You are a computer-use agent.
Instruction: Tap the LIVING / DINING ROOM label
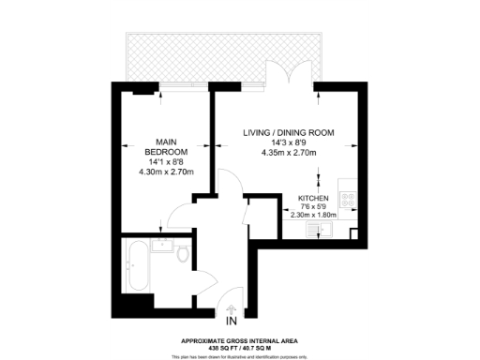coord(288,132)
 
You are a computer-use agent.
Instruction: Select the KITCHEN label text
coord(312,199)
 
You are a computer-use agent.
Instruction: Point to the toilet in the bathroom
coord(184,256)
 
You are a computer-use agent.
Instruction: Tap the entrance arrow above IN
coord(231,311)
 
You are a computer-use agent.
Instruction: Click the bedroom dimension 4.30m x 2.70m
coord(166,172)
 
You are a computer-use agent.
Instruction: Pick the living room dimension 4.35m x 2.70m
coord(288,153)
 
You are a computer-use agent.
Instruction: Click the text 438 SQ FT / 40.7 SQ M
coord(240,348)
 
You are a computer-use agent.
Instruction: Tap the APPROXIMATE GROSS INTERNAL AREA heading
coord(240,340)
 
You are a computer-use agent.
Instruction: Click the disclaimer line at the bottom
coord(240,356)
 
